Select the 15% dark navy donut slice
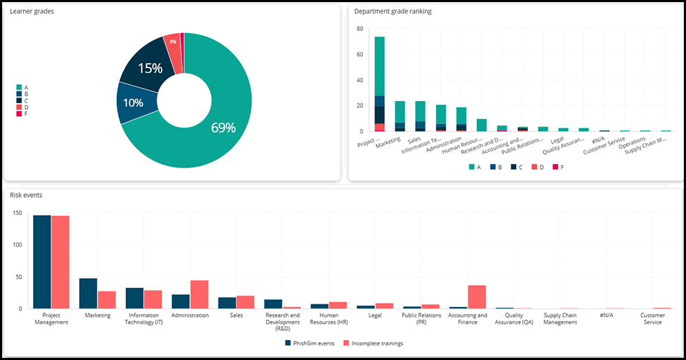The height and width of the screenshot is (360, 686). pos(146,67)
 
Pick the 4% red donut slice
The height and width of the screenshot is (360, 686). pos(173,43)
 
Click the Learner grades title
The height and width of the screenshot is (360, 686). pos(32,12)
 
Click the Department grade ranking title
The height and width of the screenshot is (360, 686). pos(392,12)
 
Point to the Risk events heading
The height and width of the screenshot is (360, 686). pos(26,195)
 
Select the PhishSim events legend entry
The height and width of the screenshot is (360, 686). pos(309,343)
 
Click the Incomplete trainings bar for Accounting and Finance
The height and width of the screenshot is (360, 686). pos(477,297)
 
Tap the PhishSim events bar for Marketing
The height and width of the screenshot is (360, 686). pos(88,293)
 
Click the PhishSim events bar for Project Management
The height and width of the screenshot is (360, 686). pos(42,262)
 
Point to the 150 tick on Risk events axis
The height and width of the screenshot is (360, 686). pos(19,213)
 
